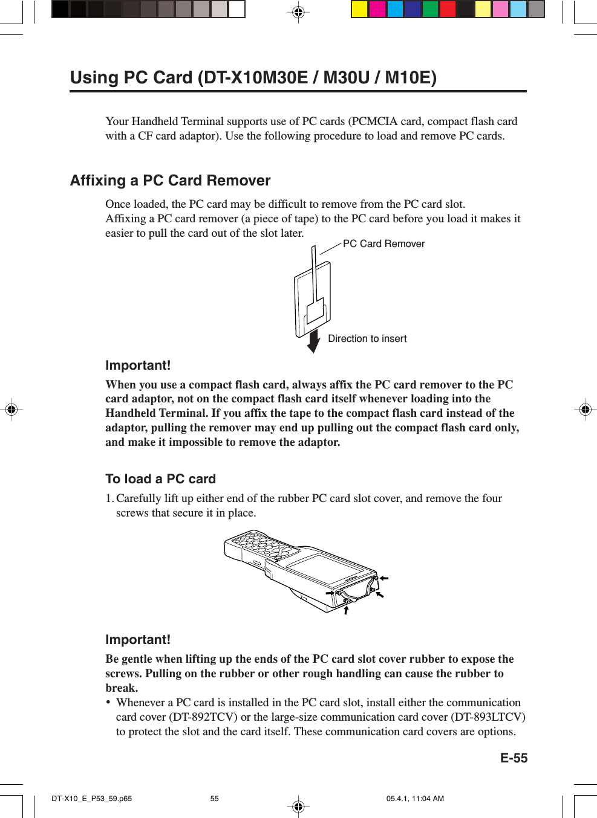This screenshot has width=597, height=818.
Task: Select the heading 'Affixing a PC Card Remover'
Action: coord(170,181)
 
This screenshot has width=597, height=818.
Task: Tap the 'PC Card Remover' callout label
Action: coord(383,243)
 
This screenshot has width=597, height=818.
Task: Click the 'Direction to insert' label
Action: coord(367,339)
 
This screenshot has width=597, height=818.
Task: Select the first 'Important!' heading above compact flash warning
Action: coord(138,366)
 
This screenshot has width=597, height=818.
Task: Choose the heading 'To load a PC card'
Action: coord(160,479)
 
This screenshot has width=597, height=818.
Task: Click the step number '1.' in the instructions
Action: coord(109,498)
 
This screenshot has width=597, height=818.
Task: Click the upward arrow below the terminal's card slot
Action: coord(346,610)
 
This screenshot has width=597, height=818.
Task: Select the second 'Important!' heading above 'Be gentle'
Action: coord(138,640)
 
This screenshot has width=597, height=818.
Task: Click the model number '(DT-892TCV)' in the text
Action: coord(203,717)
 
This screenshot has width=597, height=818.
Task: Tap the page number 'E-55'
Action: coord(514,758)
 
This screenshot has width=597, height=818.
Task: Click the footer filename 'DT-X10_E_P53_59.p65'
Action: coord(91,799)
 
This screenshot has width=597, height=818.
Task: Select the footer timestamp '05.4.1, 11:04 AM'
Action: coord(415,799)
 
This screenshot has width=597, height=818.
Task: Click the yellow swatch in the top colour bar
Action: coord(360,9)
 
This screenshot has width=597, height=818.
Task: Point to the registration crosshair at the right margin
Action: coord(585,410)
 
